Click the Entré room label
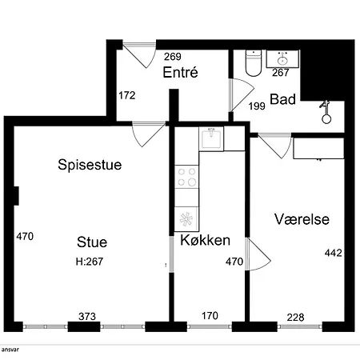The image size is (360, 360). click(181, 72)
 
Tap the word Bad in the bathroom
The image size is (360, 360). click(283, 99)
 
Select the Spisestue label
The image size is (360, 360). click(90, 165)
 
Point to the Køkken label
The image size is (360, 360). click(205, 240)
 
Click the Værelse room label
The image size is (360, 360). click(302, 219)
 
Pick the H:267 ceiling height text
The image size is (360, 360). click(90, 262)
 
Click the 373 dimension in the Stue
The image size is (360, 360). click(87, 316)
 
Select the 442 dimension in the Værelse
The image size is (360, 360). click(334, 253)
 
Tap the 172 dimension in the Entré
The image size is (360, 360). click(127, 95)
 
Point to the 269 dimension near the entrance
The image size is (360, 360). click(173, 57)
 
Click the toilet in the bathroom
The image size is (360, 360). click(254, 63)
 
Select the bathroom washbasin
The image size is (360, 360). click(282, 59)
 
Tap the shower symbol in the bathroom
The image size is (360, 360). click(326, 112)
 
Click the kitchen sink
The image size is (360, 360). click(211, 138)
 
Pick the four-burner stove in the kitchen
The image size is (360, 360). click(186, 177)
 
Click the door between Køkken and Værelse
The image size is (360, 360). click(258, 254)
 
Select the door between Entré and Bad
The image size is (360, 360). click(242, 95)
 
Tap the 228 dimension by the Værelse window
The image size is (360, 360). click(295, 318)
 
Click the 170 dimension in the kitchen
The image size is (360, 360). click(210, 316)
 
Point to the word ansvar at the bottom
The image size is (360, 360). click(10, 350)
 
